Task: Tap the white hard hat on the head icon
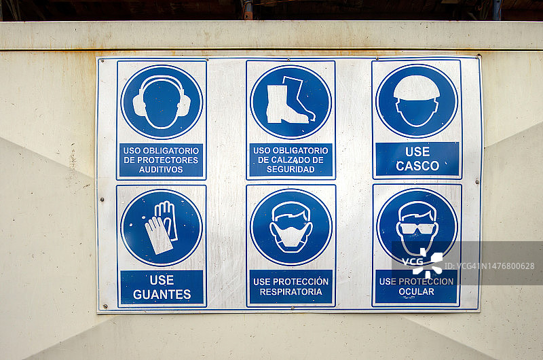pos(417,88)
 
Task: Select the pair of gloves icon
pos(162,228)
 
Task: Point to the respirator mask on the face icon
pos(291,236)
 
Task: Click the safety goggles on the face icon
pos(417,228)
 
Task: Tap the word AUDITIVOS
pos(161,169)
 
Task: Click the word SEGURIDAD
pos(291,169)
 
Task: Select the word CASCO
pos(417,166)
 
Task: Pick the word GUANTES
pos(162,295)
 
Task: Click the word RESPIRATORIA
pos(291,292)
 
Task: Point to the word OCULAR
pos(416,292)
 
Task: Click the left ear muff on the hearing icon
pos(139,105)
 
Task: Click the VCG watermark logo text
pos(412,262)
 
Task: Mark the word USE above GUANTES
pos(162,280)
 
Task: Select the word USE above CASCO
pos(417,151)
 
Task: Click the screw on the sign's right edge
pos(477,181)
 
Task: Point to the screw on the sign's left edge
pos(102,200)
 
